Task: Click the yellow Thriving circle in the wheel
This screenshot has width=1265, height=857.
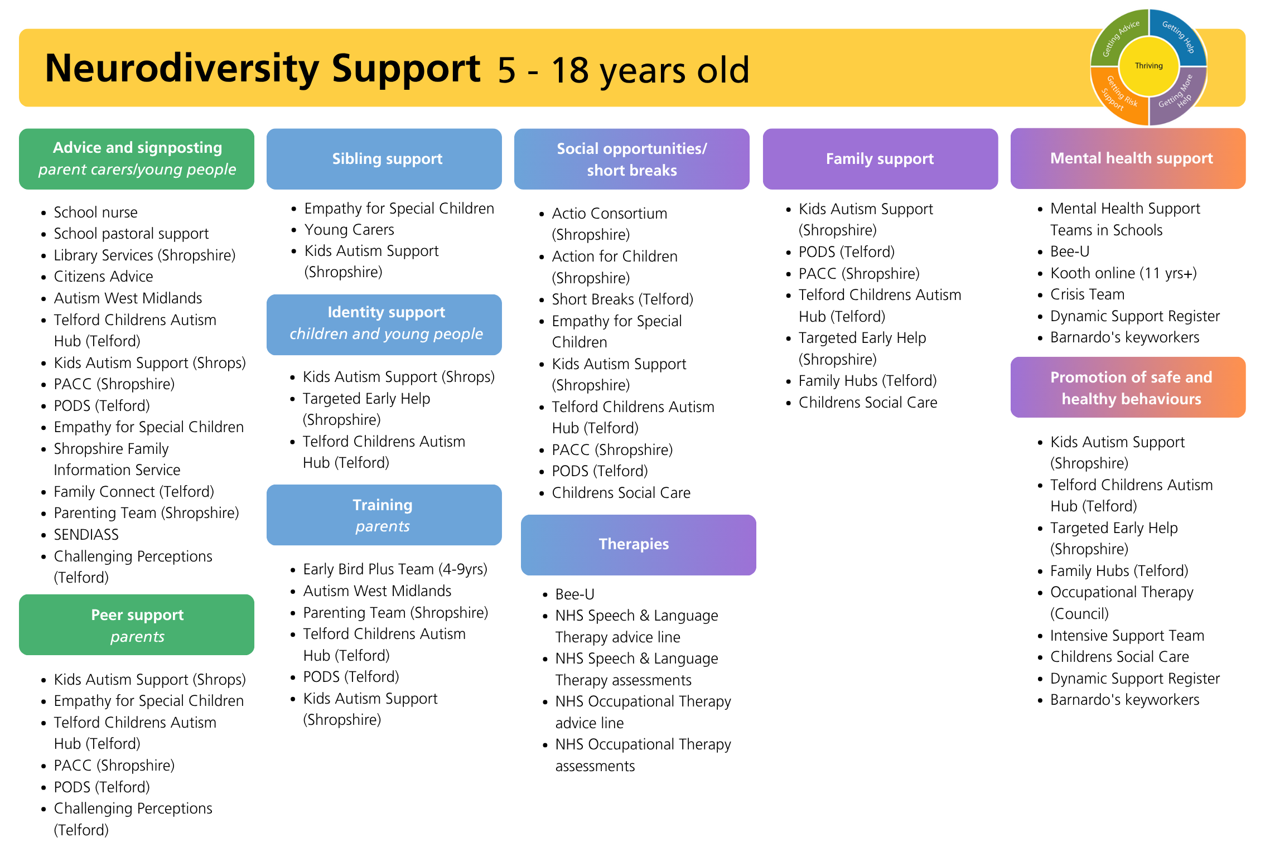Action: [x=1148, y=66]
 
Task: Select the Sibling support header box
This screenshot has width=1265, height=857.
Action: [x=384, y=159]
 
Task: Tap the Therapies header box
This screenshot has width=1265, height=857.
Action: [x=639, y=545]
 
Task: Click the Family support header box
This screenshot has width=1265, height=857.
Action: [x=880, y=159]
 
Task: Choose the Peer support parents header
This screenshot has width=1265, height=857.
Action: [x=137, y=624]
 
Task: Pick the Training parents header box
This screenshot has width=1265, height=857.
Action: [x=384, y=515]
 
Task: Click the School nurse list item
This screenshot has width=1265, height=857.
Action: [x=95, y=212]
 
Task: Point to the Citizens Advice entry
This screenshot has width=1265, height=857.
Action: [x=103, y=277]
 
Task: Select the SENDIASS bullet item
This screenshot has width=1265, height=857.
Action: [x=86, y=535]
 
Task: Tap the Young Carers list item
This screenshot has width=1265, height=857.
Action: [x=349, y=230]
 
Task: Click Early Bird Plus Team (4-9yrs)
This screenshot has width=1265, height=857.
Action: [x=395, y=569]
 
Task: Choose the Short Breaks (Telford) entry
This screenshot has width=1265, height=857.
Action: [x=622, y=299]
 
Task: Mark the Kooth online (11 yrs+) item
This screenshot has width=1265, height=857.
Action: [x=1123, y=273]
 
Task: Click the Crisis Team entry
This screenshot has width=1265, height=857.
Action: [x=1087, y=294]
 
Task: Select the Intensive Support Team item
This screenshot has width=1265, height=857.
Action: [x=1127, y=636]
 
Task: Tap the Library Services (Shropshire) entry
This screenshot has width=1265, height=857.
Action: [x=144, y=255]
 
